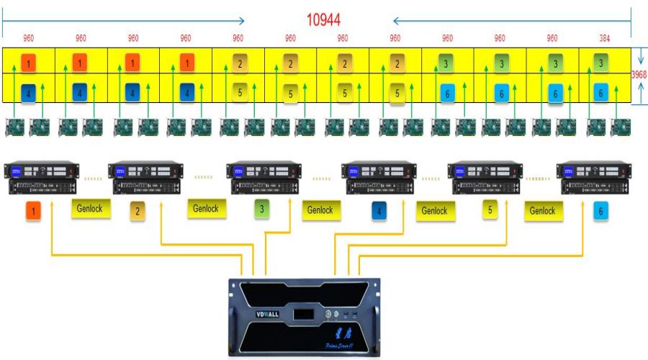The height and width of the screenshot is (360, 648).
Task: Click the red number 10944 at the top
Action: click(323, 19)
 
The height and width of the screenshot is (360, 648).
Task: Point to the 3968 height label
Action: click(639, 74)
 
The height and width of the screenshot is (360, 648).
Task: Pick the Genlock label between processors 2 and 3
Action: click(205, 209)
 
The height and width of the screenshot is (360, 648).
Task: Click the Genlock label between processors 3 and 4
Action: click(320, 210)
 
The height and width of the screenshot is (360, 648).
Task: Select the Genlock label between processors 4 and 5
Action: click(434, 211)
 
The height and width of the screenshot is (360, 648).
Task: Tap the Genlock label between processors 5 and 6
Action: click(542, 211)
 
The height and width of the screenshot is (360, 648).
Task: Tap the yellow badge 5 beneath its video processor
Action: click(490, 211)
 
